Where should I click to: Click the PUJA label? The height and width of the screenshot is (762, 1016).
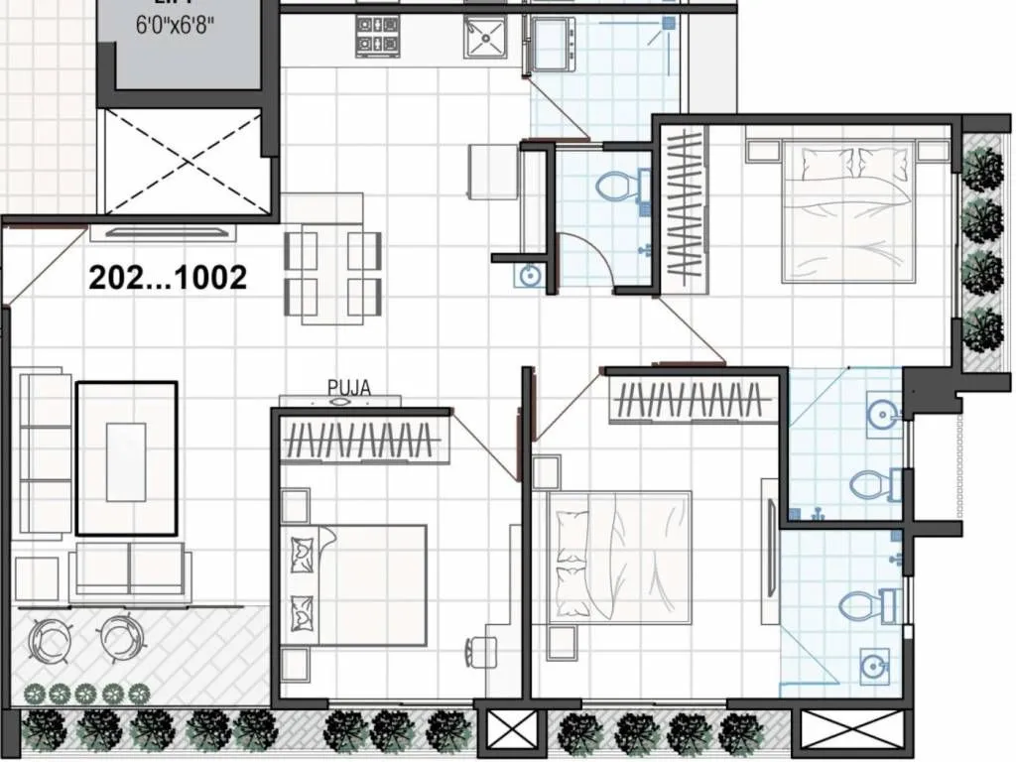click(348, 388)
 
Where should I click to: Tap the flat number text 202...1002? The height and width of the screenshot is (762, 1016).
click(168, 278)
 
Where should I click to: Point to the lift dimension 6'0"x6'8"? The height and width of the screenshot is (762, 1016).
click(176, 22)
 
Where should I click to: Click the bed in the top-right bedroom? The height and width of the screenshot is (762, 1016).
click(848, 211)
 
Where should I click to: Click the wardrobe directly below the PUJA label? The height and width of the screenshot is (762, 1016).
click(361, 437)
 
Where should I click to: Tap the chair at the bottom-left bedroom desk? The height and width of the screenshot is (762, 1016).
click(482, 650)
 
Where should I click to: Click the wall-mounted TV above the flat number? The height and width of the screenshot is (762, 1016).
click(164, 234)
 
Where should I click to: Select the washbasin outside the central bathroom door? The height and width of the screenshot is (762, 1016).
click(528, 276)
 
